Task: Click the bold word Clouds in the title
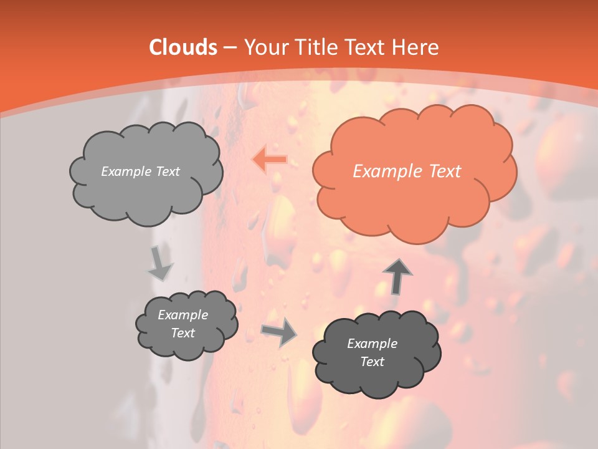pos(183,47)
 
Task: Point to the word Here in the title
pos(415,47)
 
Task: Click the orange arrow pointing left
pos(269,160)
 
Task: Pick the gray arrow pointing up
pos(397,276)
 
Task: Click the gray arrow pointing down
pos(159,263)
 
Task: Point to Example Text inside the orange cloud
pos(407,171)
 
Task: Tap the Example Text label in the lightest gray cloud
pos(140,171)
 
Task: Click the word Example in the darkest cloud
pos(372,344)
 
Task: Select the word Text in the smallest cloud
pos(183,333)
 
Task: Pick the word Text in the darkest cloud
pos(372,362)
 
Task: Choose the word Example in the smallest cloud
pos(183,315)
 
